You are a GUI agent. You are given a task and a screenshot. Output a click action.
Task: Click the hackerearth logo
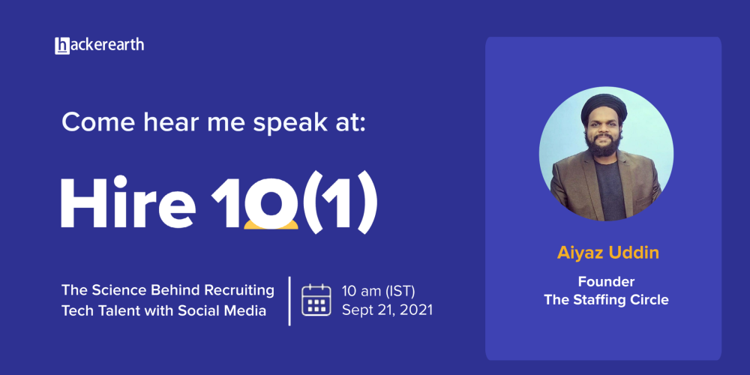[100, 46]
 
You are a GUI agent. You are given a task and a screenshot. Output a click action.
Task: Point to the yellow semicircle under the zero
[271, 226]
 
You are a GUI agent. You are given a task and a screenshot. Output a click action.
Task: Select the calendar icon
[316, 300]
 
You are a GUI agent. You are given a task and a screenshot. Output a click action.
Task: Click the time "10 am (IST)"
[378, 291]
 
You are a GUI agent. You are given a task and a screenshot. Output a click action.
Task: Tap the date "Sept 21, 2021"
[387, 310]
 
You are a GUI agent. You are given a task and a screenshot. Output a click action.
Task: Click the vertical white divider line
[289, 301]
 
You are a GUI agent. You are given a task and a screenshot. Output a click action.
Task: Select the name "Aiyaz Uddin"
[608, 253]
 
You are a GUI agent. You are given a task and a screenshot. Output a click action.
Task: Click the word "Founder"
[606, 281]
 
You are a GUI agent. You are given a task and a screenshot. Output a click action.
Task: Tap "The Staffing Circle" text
[606, 301]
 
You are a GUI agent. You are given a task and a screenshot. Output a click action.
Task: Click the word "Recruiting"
[240, 291]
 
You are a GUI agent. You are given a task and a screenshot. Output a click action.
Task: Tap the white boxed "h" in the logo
[62, 46]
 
